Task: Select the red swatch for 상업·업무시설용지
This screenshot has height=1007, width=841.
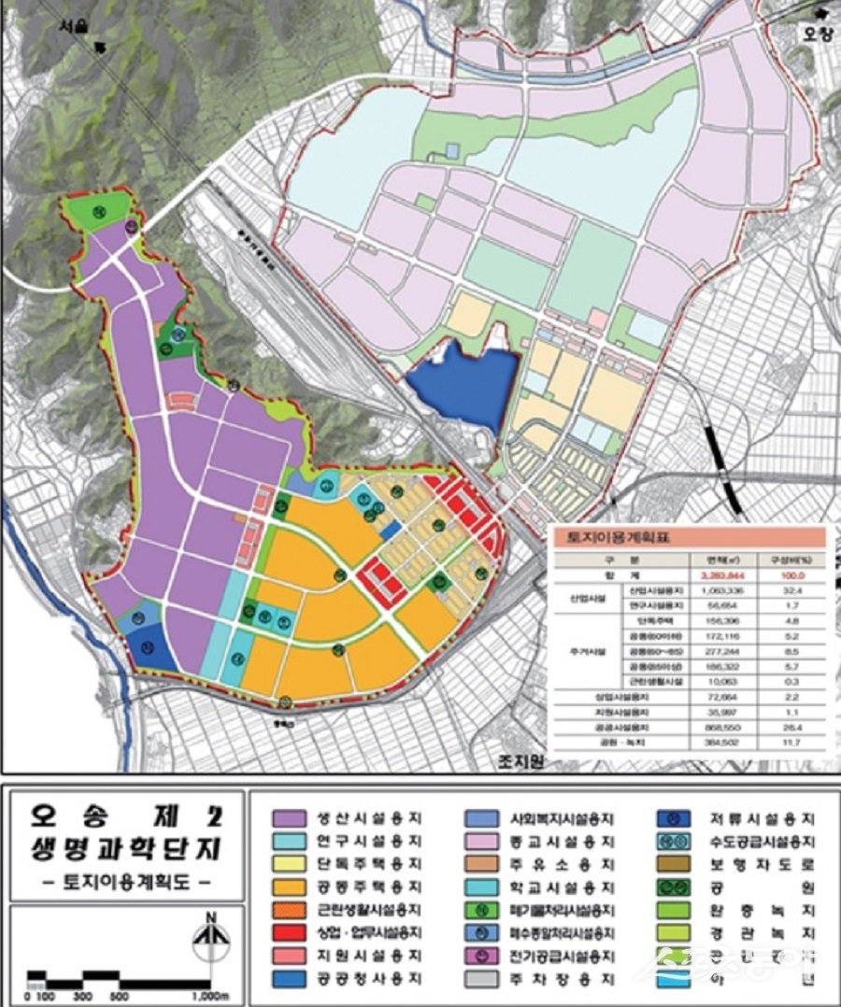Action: pyautogui.click(x=286, y=931)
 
